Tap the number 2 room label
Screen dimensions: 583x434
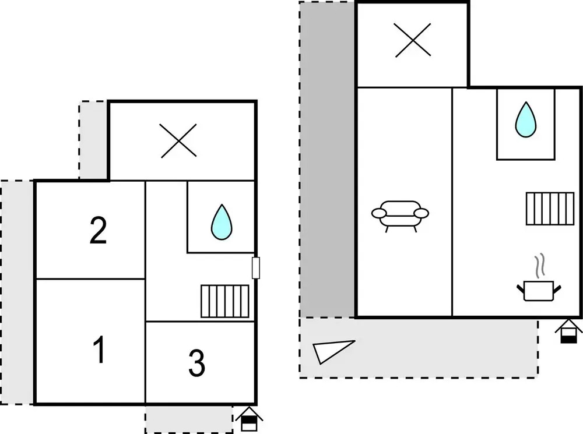[98, 230]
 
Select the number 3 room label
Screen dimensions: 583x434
[196, 363]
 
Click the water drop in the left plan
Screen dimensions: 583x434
[222, 222]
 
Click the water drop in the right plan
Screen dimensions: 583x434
[526, 119]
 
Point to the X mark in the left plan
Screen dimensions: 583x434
[179, 140]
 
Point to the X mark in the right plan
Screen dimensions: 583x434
[413, 40]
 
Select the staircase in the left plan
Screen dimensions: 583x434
[225, 301]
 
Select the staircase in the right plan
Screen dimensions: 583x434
[550, 209]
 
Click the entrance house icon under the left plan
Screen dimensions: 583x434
[249, 419]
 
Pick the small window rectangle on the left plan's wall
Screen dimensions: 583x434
[256, 267]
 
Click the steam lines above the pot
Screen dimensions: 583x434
[540, 266]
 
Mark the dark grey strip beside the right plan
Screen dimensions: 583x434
[327, 160]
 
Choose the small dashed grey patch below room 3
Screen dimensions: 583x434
[189, 419]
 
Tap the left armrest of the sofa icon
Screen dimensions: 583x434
[380, 213]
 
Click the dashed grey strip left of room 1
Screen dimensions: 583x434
[17, 292]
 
